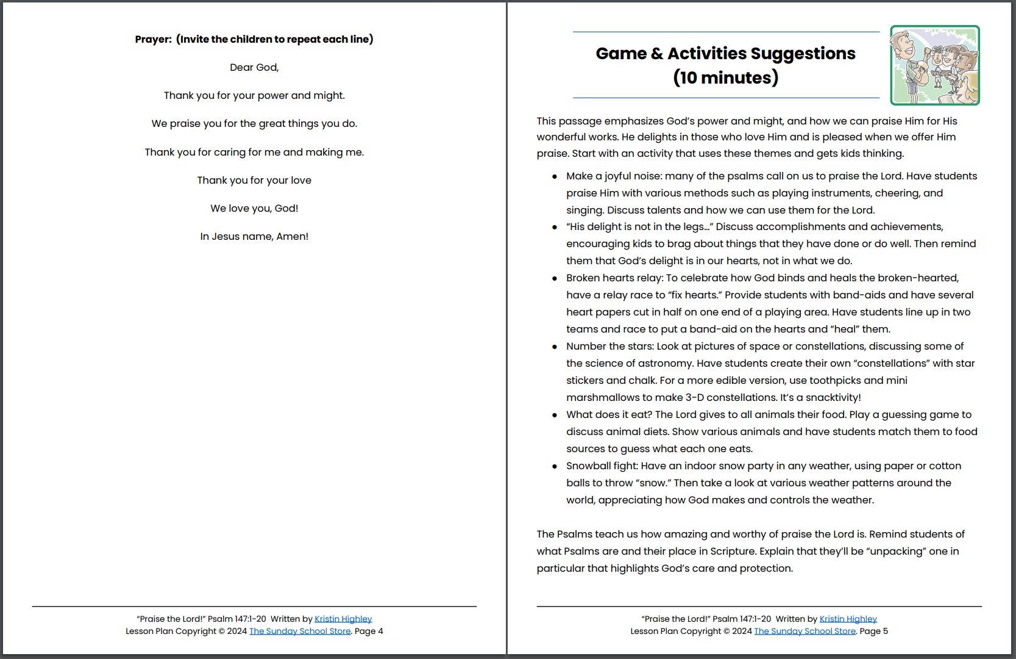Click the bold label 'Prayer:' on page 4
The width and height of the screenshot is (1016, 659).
click(153, 40)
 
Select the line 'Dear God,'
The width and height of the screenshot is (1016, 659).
click(254, 68)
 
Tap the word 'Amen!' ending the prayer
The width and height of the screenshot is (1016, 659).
click(292, 237)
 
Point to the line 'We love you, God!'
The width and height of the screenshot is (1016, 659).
click(254, 209)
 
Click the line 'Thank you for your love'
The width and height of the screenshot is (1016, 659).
click(254, 181)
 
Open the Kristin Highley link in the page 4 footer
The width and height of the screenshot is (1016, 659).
click(343, 619)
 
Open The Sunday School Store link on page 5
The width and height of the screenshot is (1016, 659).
click(805, 632)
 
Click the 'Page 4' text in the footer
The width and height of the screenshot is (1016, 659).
click(369, 632)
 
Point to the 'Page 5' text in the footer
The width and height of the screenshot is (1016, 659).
click(873, 632)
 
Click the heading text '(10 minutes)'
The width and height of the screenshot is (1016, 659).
click(725, 78)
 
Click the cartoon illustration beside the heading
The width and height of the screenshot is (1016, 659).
click(934, 65)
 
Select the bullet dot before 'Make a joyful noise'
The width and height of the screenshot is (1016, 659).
click(555, 177)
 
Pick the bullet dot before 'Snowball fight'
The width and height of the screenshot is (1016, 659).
click(555, 467)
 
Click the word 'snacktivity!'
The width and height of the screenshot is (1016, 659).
click(833, 398)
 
